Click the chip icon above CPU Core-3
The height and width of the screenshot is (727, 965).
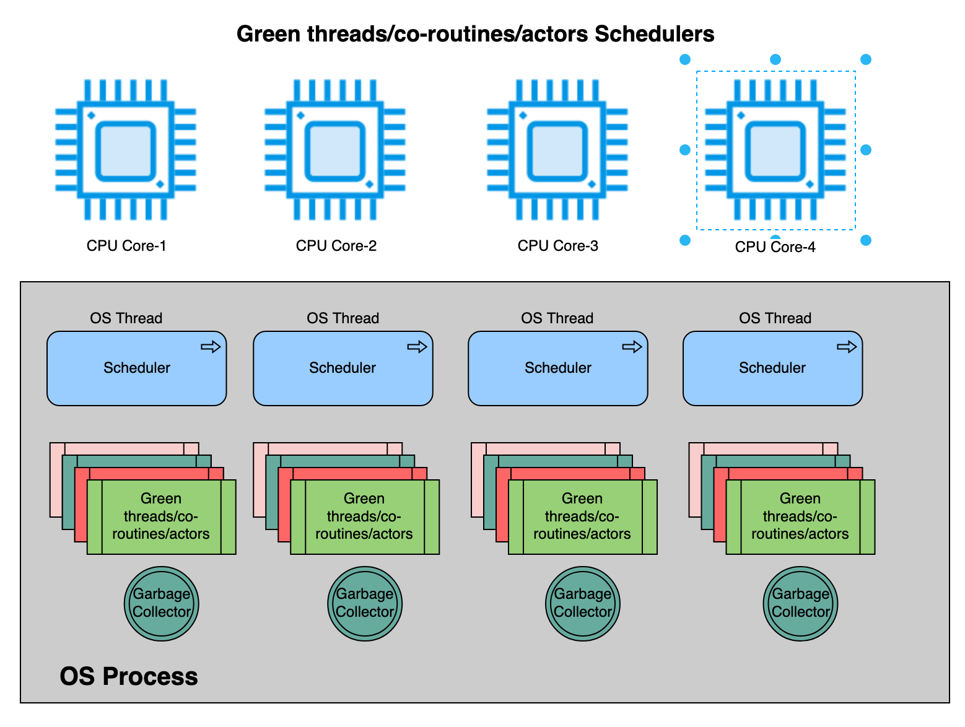[557, 149]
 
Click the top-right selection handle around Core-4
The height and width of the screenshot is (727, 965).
[865, 59]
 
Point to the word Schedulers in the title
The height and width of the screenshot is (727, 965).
[653, 34]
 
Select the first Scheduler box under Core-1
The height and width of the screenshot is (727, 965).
[137, 368]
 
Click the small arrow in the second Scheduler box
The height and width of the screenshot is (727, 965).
[416, 346]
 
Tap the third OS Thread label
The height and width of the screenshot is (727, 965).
[557, 317]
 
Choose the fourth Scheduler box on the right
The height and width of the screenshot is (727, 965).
[772, 368]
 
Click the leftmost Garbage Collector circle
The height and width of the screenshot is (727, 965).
[161, 603]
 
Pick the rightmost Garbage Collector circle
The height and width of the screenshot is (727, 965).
[800, 603]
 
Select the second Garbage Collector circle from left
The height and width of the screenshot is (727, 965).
[364, 603]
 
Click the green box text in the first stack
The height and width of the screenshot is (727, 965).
[161, 516]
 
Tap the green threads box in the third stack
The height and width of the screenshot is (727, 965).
[582, 516]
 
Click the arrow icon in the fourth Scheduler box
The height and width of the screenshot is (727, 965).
[846, 346]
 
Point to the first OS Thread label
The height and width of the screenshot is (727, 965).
[126, 317]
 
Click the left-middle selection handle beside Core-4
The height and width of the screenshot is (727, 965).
[684, 150]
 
